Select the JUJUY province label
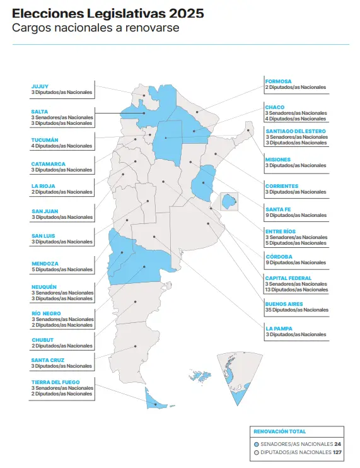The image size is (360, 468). tap(40, 86)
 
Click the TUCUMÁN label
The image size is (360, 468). tap(45, 139)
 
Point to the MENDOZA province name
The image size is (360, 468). tap(45, 263)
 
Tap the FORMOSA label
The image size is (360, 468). tap(279, 81)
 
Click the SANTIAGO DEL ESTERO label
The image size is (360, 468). tap(296, 131)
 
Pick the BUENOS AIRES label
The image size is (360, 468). tap(284, 304)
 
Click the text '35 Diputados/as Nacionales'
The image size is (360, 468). tap(296, 310)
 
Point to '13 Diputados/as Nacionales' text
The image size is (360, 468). tap(296, 290)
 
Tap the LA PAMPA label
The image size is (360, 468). tap(279, 328)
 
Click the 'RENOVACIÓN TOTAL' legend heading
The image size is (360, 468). tap(279, 431)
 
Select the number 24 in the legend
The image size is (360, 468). tap(337, 443)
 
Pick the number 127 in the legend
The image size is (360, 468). tap(337, 452)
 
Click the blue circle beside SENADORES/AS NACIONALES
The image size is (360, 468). tap(256, 443)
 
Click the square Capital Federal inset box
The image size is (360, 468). tap(228, 202)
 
